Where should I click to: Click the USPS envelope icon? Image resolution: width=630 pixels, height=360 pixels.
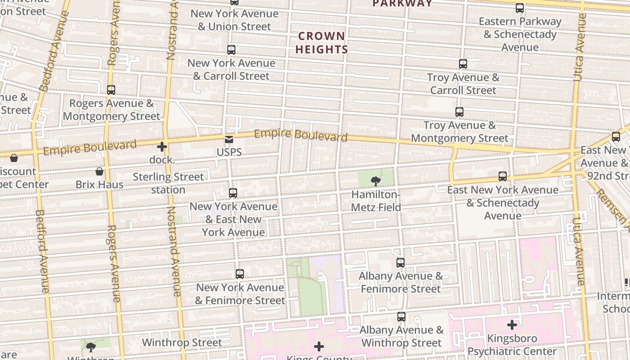pos(229,139)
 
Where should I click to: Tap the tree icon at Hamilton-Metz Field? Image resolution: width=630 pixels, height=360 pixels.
pos(375,181)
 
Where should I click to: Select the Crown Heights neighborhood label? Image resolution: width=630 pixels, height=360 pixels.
pos(321,43)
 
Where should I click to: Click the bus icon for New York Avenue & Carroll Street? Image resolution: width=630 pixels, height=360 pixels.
pos(231,50)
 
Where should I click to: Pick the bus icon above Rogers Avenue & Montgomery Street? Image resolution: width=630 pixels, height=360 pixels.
pos(111,90)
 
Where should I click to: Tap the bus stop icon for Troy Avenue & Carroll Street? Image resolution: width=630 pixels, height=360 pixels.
pos(463,64)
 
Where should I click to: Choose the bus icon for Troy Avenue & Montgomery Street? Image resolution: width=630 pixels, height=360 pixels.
pos(459,112)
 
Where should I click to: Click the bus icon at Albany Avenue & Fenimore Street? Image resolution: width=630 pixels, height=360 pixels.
pos(400,263)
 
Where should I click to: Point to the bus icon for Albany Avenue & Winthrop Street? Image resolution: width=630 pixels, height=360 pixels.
pos(401,317)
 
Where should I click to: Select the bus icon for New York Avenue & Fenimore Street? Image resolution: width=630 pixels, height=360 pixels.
pos(240,274)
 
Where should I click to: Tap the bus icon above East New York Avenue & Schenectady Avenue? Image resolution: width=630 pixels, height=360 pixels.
pos(503,176)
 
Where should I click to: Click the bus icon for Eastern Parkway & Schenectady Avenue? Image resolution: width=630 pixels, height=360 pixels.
pos(520,8)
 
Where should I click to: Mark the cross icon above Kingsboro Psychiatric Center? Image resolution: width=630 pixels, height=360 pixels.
pos(512,324)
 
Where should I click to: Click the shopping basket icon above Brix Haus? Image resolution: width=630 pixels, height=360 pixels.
pos(99,171)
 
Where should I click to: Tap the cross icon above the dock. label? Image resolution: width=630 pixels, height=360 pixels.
pos(162,147)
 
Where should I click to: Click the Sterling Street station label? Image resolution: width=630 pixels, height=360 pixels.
pos(168,183)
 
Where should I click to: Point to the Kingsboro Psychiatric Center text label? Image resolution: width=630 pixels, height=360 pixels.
pos(512,345)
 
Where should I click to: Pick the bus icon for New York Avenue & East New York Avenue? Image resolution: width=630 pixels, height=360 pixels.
pos(233,193)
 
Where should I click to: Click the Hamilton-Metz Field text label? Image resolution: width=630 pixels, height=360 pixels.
pos(376,201)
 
